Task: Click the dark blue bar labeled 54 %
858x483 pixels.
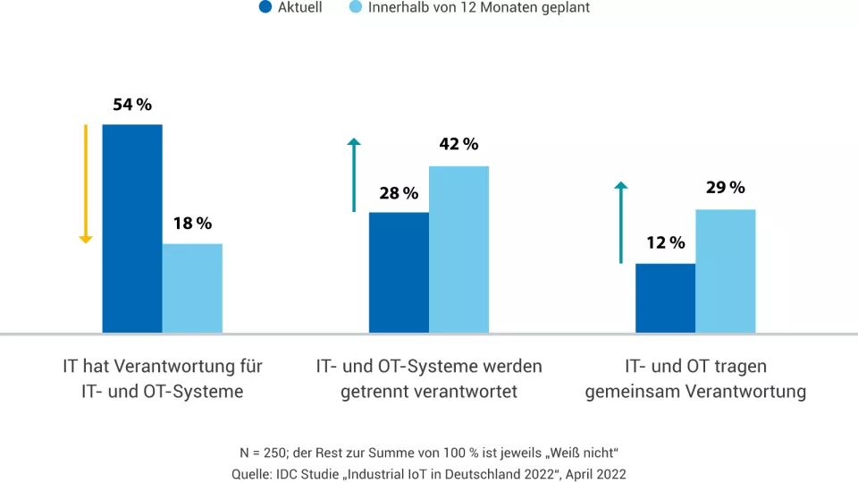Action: tap(132, 228)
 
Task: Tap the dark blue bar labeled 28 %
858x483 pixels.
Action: tap(399, 272)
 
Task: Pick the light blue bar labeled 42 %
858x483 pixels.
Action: tap(458, 250)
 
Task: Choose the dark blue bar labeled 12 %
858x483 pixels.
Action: tap(665, 298)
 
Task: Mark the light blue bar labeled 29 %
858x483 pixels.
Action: tap(725, 271)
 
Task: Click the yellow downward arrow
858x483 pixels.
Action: tap(86, 183)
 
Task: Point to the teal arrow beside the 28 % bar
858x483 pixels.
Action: tap(354, 175)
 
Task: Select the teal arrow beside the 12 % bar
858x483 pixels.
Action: tap(621, 223)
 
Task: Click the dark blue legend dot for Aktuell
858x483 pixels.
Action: tap(265, 8)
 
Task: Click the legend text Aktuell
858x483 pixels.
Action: tap(300, 8)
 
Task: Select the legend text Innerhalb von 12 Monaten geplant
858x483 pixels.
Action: tap(479, 8)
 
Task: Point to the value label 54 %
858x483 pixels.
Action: tap(132, 105)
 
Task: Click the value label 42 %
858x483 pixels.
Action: tap(458, 144)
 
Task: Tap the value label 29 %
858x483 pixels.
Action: tap(725, 188)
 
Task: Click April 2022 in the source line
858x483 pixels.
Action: tap(597, 473)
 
